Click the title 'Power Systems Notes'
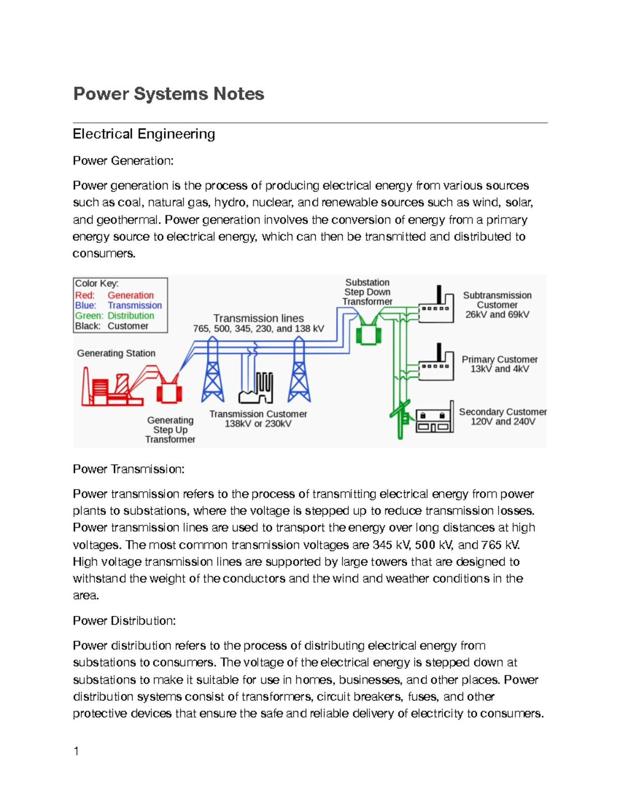168,94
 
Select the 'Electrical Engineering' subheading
144,134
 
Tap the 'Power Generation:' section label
123,161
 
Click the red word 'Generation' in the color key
131,295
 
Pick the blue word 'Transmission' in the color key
135,306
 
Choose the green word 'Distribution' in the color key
131,316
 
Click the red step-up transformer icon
169,391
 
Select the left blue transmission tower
212,372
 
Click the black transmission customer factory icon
256,389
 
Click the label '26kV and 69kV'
497,314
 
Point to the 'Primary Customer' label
500,359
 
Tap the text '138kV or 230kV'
258,424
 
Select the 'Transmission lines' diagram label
258,319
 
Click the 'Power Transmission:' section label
129,469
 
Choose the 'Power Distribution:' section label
124,621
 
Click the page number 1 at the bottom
76,751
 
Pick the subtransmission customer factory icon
436,308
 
